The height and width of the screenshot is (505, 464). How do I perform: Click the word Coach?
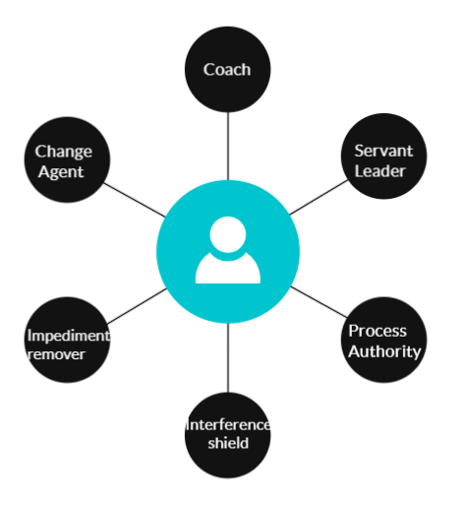(227, 70)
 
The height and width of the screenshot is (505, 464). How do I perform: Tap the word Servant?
(383, 151)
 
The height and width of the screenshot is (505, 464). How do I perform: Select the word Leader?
(380, 171)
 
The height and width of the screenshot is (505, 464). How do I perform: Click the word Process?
(377, 331)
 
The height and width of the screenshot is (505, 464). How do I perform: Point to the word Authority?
(384, 351)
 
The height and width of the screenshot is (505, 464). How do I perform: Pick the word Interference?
(228, 425)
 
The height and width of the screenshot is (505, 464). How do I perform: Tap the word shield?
(228, 443)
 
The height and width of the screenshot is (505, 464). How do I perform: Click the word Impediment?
(69, 336)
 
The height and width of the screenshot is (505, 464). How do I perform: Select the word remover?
(57, 354)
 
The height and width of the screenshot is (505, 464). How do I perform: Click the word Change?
(63, 152)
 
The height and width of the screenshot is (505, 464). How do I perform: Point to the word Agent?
(61, 172)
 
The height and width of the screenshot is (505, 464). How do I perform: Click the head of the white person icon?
(228, 234)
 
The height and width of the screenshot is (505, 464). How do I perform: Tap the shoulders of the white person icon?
(228, 268)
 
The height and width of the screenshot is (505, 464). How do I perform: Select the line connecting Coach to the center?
(228, 146)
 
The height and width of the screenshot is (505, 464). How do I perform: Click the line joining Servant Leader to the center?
(319, 197)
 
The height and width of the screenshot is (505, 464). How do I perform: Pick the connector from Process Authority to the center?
(319, 302)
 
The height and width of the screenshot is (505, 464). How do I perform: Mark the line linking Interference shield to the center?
(228, 357)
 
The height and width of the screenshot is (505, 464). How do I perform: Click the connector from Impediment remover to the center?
(137, 306)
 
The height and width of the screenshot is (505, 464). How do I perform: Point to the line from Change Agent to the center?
(135, 200)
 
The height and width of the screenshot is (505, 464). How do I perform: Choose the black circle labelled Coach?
(228, 70)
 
